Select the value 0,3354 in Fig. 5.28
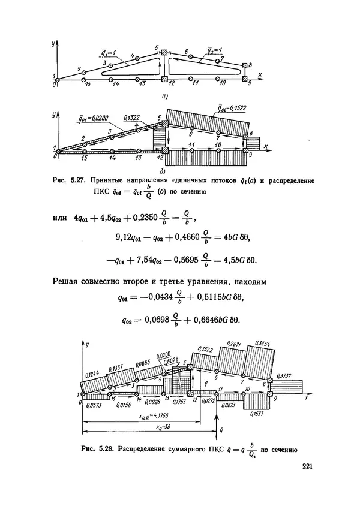coord(262,344)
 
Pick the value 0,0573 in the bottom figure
coord(94,406)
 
